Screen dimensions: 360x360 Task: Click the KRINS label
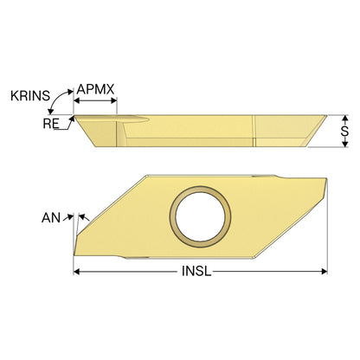(x=30, y=96)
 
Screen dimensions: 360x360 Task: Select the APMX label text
(x=95, y=89)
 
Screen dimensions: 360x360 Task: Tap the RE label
(x=51, y=124)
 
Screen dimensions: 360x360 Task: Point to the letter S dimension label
(x=344, y=132)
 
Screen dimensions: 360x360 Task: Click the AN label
(x=51, y=218)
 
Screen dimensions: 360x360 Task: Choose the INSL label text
(x=196, y=271)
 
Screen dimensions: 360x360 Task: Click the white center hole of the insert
(x=200, y=216)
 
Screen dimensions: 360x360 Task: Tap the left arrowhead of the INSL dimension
(x=77, y=272)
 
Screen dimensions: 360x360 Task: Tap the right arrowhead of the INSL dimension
(x=325, y=272)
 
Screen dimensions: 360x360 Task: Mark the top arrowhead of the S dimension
(x=344, y=118)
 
